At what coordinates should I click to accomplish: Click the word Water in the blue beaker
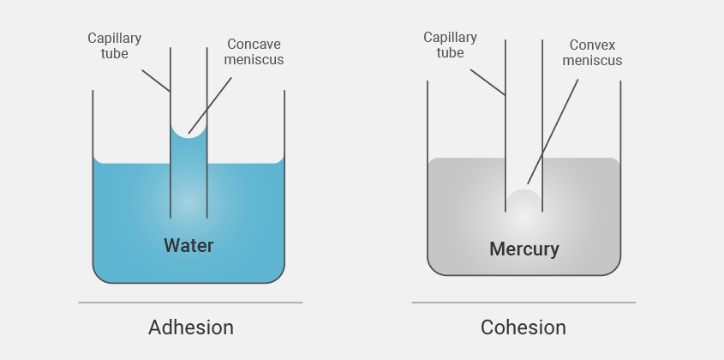[x=188, y=246]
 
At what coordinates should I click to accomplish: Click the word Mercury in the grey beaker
[x=524, y=249]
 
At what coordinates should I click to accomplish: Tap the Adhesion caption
[x=190, y=327]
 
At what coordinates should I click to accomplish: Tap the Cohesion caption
[x=523, y=327]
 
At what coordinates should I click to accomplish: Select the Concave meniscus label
[x=254, y=52]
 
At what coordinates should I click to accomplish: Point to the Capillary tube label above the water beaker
[x=114, y=46]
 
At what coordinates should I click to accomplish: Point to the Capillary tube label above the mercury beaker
[x=450, y=45]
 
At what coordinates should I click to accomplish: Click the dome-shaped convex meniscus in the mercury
[x=524, y=202]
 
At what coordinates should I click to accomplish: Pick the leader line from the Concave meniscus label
[x=211, y=105]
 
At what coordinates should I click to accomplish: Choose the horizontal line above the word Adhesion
[x=190, y=303]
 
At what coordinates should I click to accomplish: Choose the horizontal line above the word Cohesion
[x=523, y=303]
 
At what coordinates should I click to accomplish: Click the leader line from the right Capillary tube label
[x=488, y=81]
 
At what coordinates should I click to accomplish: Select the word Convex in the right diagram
[x=593, y=45]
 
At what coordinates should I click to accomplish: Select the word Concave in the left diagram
[x=254, y=45]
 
